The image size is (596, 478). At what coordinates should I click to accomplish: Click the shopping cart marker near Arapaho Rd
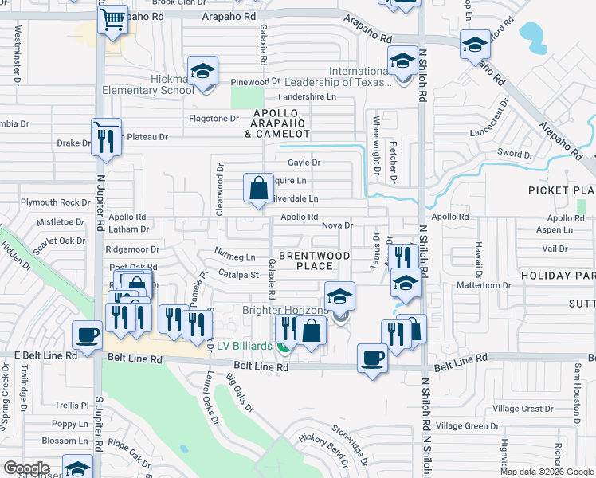(113, 19)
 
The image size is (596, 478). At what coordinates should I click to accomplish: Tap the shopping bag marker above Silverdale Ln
(258, 190)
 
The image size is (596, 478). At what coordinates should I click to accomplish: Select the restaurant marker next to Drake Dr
(105, 141)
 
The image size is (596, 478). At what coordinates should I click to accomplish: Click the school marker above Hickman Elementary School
(202, 72)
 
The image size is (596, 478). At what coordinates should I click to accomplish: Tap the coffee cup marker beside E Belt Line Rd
(87, 335)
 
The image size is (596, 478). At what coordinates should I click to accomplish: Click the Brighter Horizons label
(284, 310)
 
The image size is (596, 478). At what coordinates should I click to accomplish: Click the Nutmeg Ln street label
(235, 257)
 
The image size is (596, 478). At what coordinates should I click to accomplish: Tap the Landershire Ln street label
(308, 97)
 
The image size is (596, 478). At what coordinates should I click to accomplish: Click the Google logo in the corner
(27, 468)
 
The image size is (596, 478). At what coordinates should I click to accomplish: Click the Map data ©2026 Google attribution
(546, 472)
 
